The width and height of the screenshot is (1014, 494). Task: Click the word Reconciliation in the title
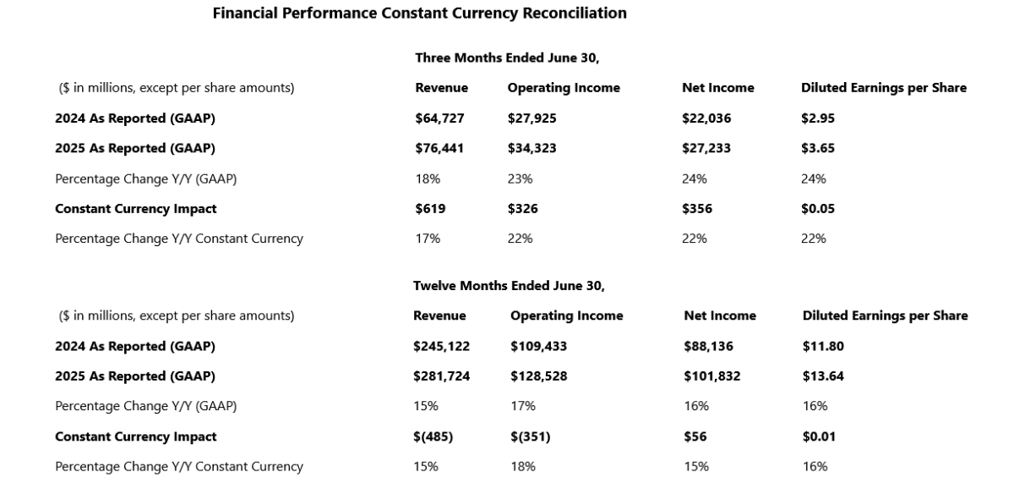(x=575, y=14)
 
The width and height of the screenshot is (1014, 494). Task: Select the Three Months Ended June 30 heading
(x=507, y=58)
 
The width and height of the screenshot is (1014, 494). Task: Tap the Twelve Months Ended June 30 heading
(x=509, y=286)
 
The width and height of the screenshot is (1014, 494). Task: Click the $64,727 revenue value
(x=439, y=118)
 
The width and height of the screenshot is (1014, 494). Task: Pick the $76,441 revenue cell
(x=439, y=148)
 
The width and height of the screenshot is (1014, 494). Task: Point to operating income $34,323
(x=532, y=148)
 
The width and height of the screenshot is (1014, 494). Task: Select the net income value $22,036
(x=706, y=118)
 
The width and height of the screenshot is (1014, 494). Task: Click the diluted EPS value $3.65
(x=818, y=148)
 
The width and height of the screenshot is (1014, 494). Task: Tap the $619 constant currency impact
(x=430, y=209)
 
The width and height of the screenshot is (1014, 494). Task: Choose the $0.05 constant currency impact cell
(x=818, y=209)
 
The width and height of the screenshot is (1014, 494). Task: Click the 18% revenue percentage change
(x=428, y=179)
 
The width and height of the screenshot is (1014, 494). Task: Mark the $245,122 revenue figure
(x=441, y=346)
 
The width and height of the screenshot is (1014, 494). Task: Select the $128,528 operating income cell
(x=539, y=376)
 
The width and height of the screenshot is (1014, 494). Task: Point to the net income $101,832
(x=712, y=376)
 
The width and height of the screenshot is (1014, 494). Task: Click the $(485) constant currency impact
(x=433, y=436)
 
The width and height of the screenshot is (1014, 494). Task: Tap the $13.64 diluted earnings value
(x=823, y=376)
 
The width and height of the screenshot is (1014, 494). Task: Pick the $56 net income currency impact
(x=695, y=436)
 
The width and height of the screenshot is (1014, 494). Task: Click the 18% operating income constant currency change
(x=523, y=467)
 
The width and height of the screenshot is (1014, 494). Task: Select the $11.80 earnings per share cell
(x=823, y=346)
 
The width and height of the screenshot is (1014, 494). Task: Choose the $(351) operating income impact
(x=530, y=436)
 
